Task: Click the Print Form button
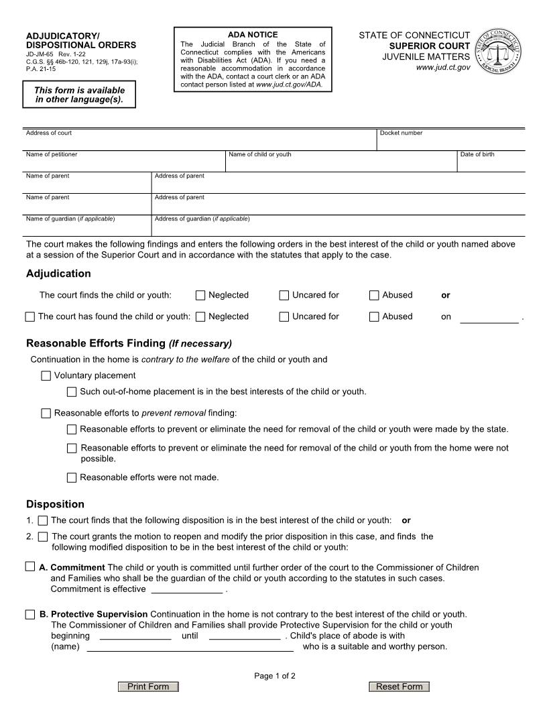point(148,687)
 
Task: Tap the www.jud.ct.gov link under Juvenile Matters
point(443,68)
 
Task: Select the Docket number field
point(450,142)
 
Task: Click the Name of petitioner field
point(125,164)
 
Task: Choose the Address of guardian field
point(339,227)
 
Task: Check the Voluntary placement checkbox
point(46,375)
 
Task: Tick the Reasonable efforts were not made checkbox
point(72,478)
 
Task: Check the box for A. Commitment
point(30,567)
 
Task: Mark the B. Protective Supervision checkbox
point(30,614)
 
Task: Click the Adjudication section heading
point(58,274)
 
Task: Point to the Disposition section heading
point(55,504)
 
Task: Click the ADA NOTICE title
point(253,35)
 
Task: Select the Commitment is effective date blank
point(187,590)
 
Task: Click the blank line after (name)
point(190,648)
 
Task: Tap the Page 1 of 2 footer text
point(275,676)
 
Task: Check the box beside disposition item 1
point(43,520)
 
